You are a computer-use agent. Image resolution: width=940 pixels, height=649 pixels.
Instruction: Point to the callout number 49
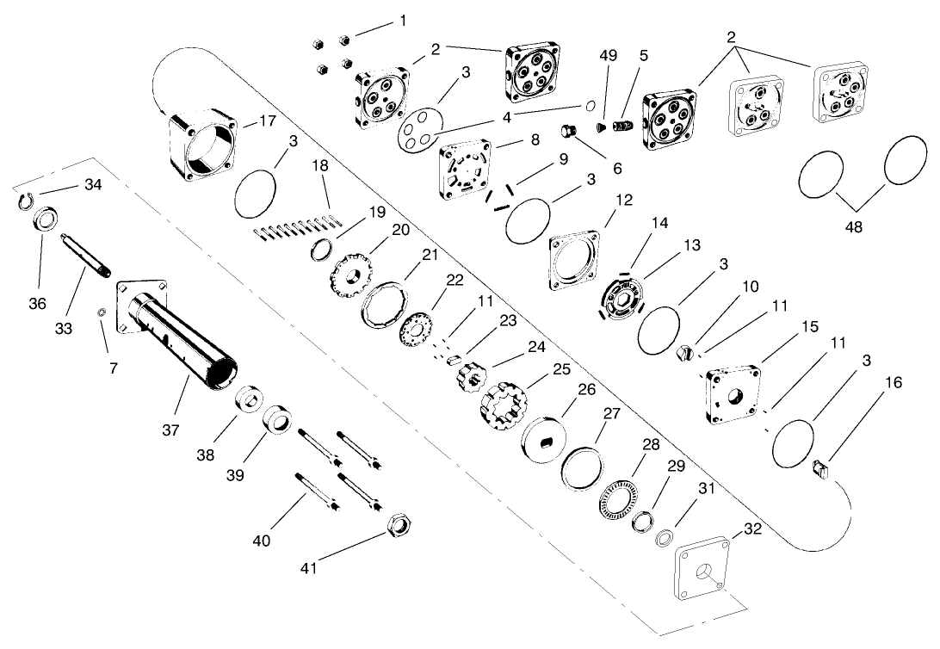click(609, 56)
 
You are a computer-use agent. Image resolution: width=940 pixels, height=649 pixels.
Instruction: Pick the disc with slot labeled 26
click(545, 442)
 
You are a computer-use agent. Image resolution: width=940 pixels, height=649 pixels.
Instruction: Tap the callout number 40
click(262, 541)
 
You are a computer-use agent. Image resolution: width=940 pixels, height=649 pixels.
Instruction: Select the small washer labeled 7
click(102, 312)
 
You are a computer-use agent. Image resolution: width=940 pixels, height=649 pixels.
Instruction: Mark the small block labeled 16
click(821, 470)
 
